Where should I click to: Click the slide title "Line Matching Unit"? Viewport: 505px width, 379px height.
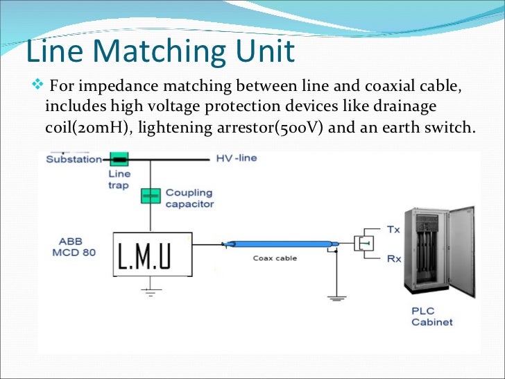click(160, 53)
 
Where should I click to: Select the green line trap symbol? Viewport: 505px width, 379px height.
click(120, 159)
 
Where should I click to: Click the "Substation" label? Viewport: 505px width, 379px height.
click(74, 158)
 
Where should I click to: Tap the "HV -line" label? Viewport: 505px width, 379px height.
click(237, 158)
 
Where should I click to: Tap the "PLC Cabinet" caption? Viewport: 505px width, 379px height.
click(431, 317)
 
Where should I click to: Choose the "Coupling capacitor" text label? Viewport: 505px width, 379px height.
click(189, 198)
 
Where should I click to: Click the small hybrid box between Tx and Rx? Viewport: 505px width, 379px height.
click(363, 244)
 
